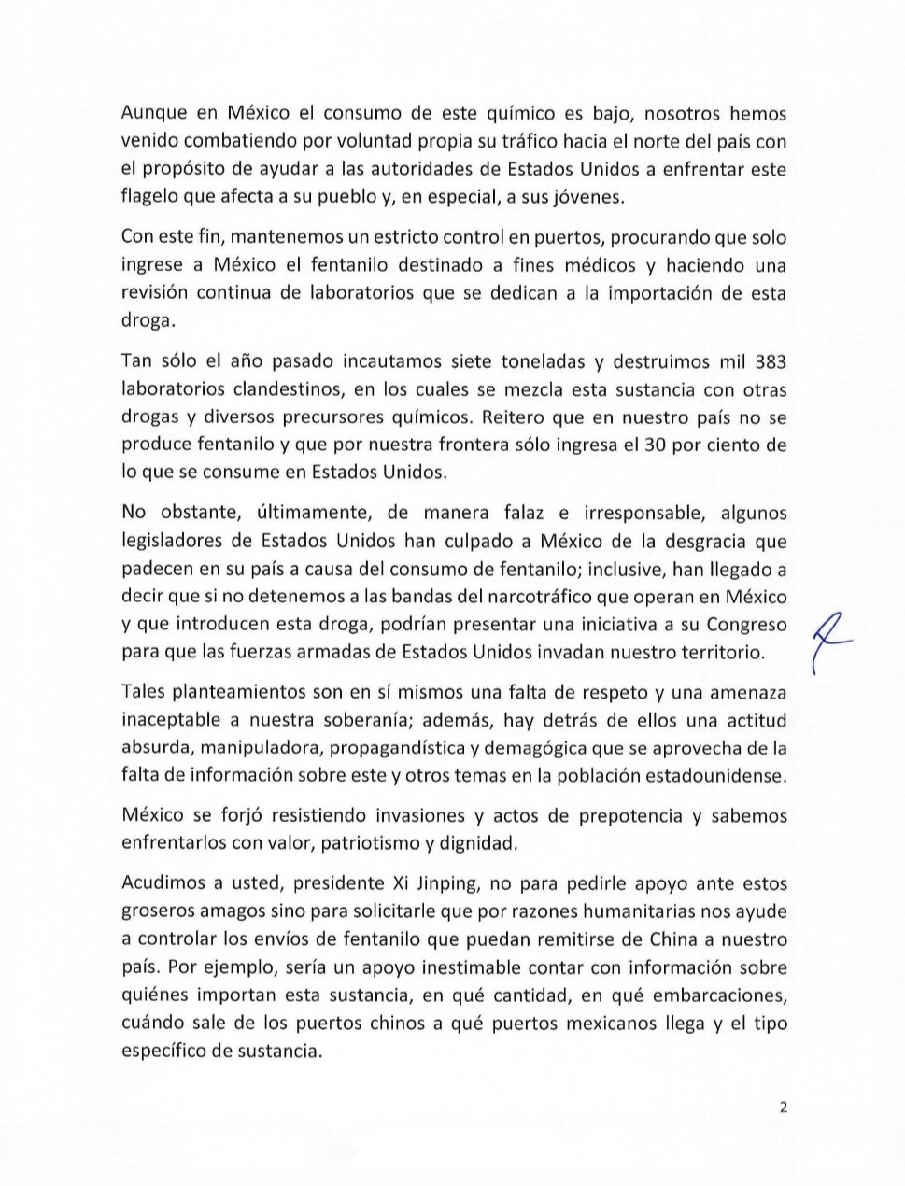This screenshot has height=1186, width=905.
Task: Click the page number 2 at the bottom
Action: coord(783,1108)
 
